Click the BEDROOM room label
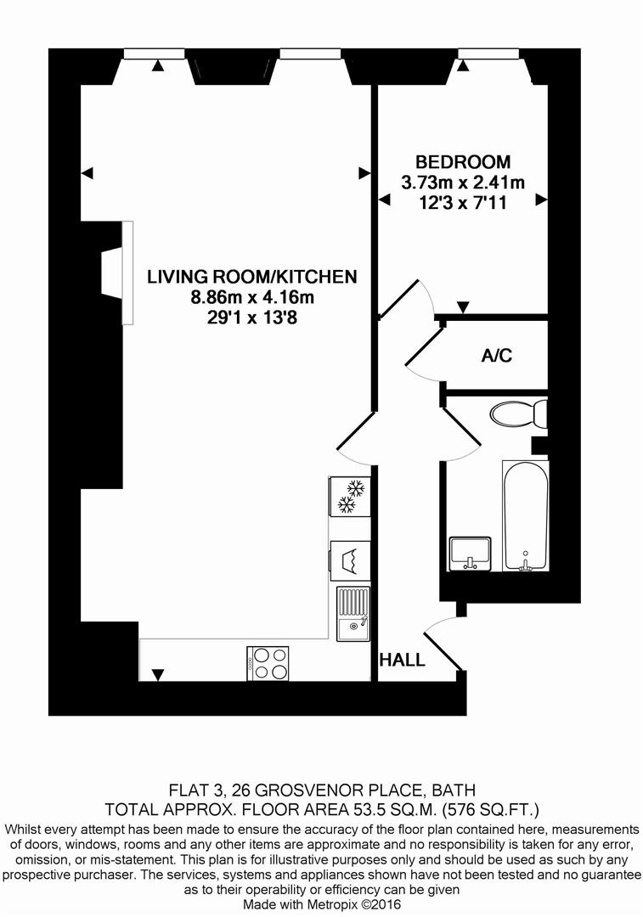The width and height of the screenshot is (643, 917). (x=462, y=161)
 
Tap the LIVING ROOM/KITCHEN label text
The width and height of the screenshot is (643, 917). (x=252, y=276)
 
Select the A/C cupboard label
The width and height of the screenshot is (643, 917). (x=496, y=356)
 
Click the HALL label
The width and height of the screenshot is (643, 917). (x=402, y=660)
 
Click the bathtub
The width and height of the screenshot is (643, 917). (x=525, y=516)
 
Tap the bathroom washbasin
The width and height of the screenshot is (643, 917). (x=470, y=553)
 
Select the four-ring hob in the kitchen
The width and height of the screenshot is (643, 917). (x=268, y=663)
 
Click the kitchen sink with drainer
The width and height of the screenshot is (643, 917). (x=353, y=614)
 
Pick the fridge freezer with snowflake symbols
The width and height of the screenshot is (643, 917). (x=348, y=496)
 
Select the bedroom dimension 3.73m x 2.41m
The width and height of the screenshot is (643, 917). (x=462, y=181)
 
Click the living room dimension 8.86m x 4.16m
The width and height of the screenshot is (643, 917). (x=252, y=297)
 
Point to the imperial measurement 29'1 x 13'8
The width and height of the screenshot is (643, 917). (x=252, y=318)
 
